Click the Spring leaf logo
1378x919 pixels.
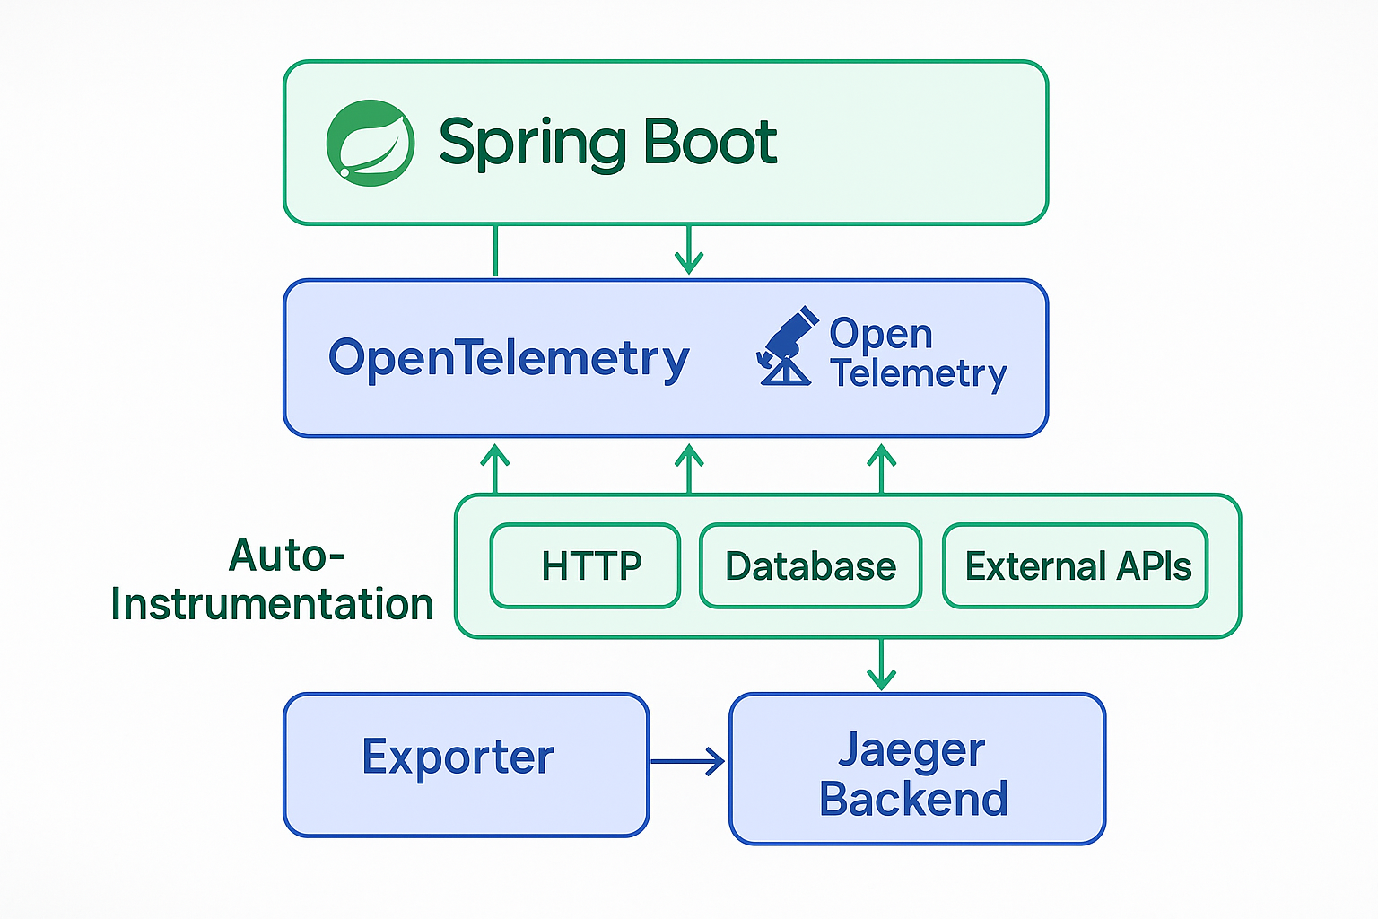(x=370, y=144)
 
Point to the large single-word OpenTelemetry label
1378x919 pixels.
(x=509, y=359)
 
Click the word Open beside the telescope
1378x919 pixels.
(x=880, y=334)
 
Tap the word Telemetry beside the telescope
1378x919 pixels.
(x=918, y=373)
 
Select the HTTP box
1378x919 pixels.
(x=585, y=566)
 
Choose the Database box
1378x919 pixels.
(x=810, y=566)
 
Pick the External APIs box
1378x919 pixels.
(x=1076, y=566)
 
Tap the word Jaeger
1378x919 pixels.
(x=911, y=749)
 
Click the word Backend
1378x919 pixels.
(x=913, y=799)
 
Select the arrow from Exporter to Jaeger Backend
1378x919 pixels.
(x=687, y=762)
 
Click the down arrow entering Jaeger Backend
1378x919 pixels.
(x=882, y=665)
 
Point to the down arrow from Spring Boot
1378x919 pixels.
(x=689, y=249)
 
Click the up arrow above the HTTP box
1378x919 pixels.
(x=495, y=468)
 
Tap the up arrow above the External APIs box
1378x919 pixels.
(x=882, y=468)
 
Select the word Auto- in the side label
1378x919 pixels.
(x=286, y=556)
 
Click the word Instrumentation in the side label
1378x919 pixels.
(x=272, y=604)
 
